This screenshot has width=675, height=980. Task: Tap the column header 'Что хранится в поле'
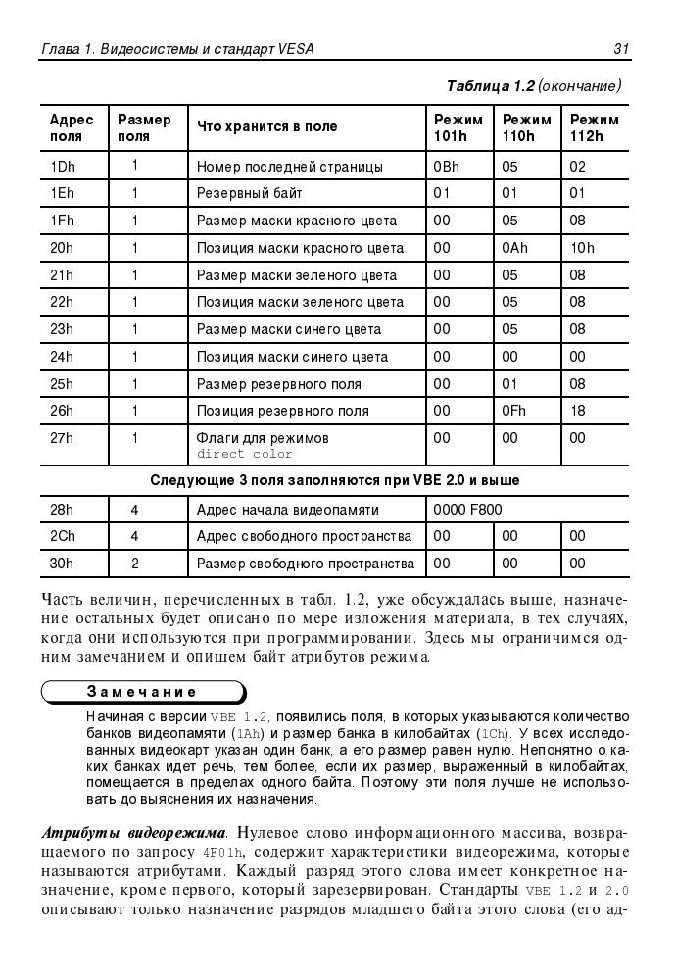(266, 126)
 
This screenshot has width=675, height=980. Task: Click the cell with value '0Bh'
(446, 167)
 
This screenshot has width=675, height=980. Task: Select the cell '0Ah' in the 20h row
(514, 248)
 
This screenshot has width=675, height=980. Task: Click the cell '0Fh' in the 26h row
(513, 411)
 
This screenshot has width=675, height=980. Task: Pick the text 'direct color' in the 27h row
(245, 454)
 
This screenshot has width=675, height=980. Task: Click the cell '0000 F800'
(468, 510)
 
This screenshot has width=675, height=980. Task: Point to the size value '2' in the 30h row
(135, 563)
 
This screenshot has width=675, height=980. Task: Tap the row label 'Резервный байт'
(249, 193)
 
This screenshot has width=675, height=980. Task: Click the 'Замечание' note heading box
(142, 691)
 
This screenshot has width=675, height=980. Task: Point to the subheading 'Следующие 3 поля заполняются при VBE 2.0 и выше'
(334, 481)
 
